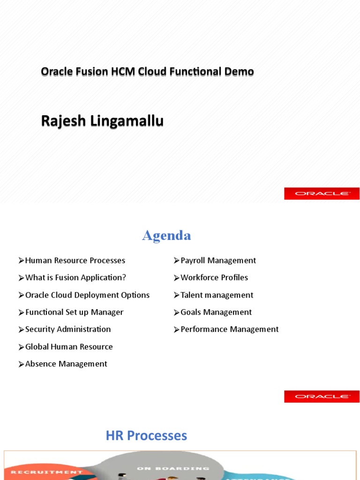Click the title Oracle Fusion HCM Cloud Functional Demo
147,72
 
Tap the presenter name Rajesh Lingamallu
102,121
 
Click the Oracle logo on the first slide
322,194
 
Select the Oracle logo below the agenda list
322,397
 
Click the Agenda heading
166,235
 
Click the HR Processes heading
146,436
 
